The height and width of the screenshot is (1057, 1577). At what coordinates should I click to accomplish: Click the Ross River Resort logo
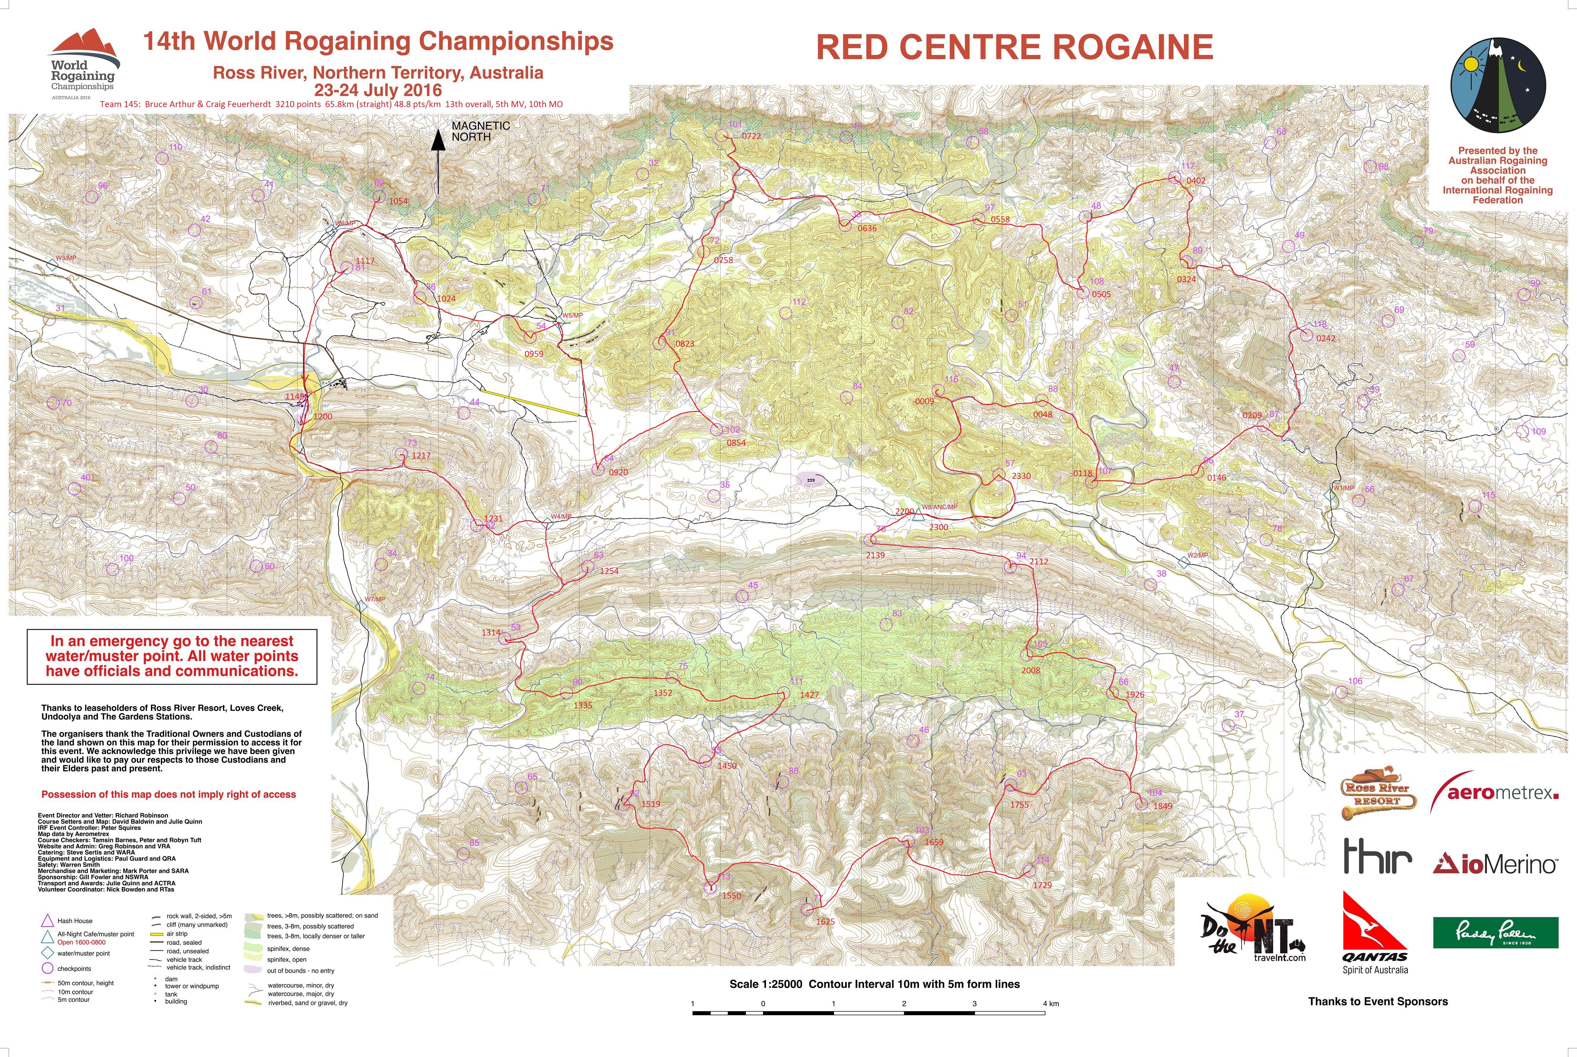pyautogui.click(x=1377, y=794)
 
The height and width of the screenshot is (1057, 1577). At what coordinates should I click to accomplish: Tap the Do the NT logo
pyautogui.click(x=1253, y=928)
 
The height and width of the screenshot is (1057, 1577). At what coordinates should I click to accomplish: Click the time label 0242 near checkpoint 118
pyautogui.click(x=1325, y=338)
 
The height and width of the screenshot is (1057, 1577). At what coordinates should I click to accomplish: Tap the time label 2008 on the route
pyautogui.click(x=1030, y=671)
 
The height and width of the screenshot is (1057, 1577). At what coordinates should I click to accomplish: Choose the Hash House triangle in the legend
pyautogui.click(x=47, y=920)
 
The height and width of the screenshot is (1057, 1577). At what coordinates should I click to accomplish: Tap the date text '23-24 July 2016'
pyautogui.click(x=377, y=90)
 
